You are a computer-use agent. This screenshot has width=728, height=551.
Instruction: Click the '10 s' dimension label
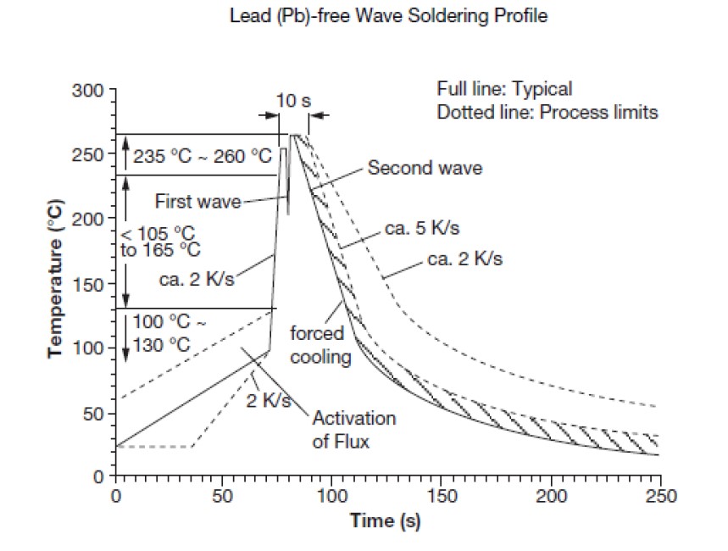point(294,101)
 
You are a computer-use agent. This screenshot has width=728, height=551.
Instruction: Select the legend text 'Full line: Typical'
point(504,89)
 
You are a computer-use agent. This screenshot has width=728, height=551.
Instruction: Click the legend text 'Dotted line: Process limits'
point(547,112)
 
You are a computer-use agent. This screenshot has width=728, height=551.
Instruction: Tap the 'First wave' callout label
point(197,202)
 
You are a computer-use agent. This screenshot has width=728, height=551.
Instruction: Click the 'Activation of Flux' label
point(353,430)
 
